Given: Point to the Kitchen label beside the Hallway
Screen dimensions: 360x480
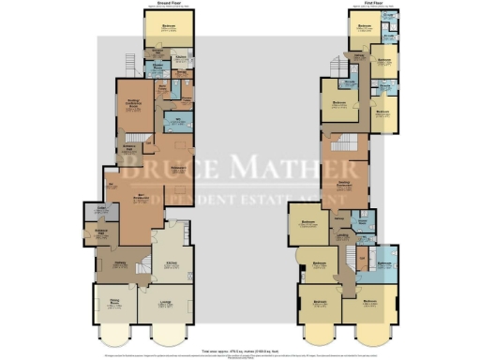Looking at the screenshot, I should point(172,264).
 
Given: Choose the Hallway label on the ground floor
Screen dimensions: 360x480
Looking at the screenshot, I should point(120,264).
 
